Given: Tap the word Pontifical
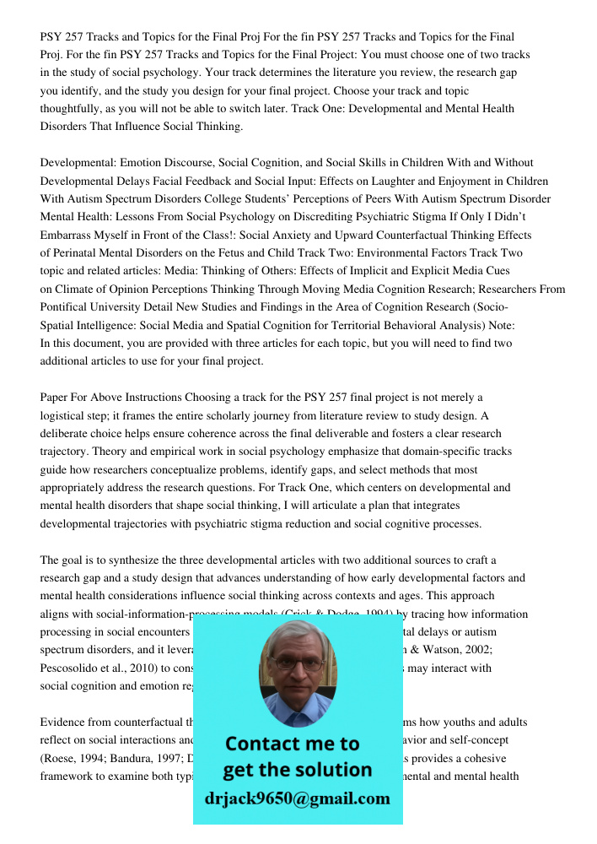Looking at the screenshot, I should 68,307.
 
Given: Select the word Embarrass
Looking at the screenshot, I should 70,235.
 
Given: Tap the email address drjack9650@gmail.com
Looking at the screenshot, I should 297,798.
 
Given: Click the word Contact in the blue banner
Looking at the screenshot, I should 267,744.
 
